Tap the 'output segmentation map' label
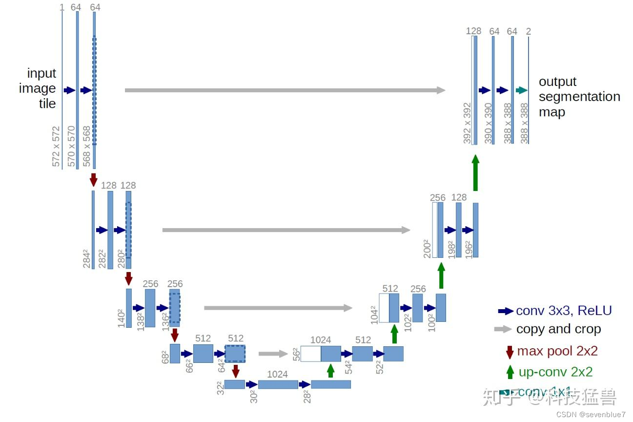click(579, 97)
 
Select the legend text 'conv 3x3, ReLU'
click(564, 311)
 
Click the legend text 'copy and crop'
click(558, 329)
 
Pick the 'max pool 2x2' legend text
click(557, 351)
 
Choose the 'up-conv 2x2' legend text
click(555, 372)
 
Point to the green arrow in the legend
click(510, 372)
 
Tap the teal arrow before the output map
click(522, 90)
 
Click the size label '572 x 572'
click(56, 147)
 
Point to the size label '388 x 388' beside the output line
click(524, 123)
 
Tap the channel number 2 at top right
click(528, 31)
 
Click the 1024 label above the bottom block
click(278, 374)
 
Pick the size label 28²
click(306, 396)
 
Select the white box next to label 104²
click(384, 308)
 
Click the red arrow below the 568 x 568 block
click(94, 179)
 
